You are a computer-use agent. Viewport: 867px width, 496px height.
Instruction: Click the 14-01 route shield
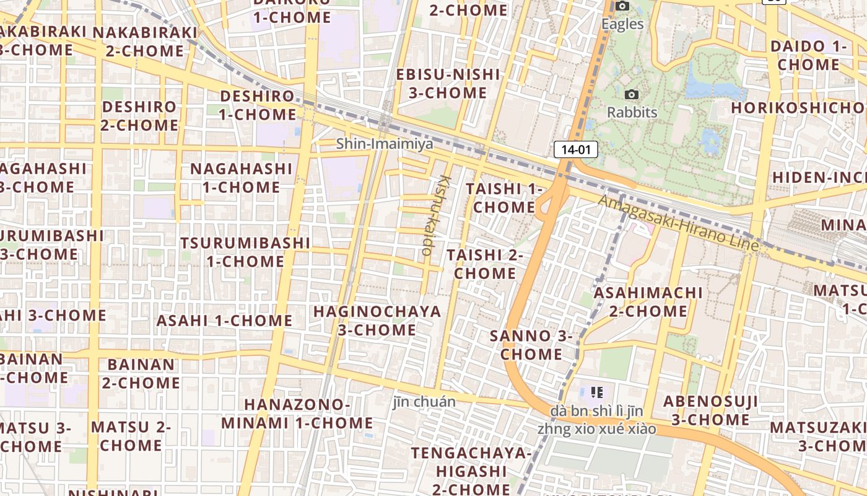tap(576, 149)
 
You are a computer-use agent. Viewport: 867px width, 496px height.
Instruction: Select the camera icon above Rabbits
tap(632, 94)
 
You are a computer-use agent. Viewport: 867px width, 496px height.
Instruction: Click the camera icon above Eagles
tap(622, 6)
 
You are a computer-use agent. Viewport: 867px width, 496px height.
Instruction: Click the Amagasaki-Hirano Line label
tap(678, 223)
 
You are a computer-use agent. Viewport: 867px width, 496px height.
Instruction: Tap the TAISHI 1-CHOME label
tap(503, 197)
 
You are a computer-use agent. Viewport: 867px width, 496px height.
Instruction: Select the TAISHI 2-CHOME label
tap(485, 263)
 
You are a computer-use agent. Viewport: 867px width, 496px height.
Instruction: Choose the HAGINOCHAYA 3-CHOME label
tap(377, 320)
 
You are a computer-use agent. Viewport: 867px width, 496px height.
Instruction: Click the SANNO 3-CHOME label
tap(531, 345)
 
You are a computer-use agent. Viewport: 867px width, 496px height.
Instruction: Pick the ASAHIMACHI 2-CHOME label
tap(648, 301)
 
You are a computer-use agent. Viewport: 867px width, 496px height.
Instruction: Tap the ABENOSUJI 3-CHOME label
tap(711, 410)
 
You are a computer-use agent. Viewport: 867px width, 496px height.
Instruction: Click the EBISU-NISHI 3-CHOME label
tap(448, 83)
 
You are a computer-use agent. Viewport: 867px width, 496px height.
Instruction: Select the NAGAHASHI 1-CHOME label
tap(241, 177)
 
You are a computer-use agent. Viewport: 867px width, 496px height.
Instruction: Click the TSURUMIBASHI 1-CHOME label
tap(245, 251)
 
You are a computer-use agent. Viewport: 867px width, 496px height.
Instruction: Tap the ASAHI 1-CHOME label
tap(224, 321)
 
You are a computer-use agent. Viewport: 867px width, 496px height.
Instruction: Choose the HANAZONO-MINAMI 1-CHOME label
tap(297, 414)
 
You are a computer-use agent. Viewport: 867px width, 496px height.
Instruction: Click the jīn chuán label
tap(424, 402)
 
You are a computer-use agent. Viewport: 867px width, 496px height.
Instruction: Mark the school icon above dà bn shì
tap(597, 392)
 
